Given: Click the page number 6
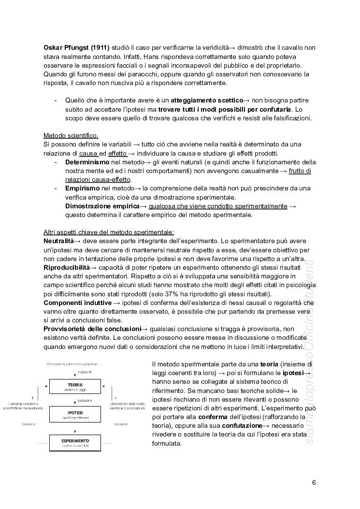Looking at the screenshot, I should point(314,482).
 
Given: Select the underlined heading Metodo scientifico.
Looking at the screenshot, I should point(71,135).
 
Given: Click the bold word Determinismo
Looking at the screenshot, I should point(87,162).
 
